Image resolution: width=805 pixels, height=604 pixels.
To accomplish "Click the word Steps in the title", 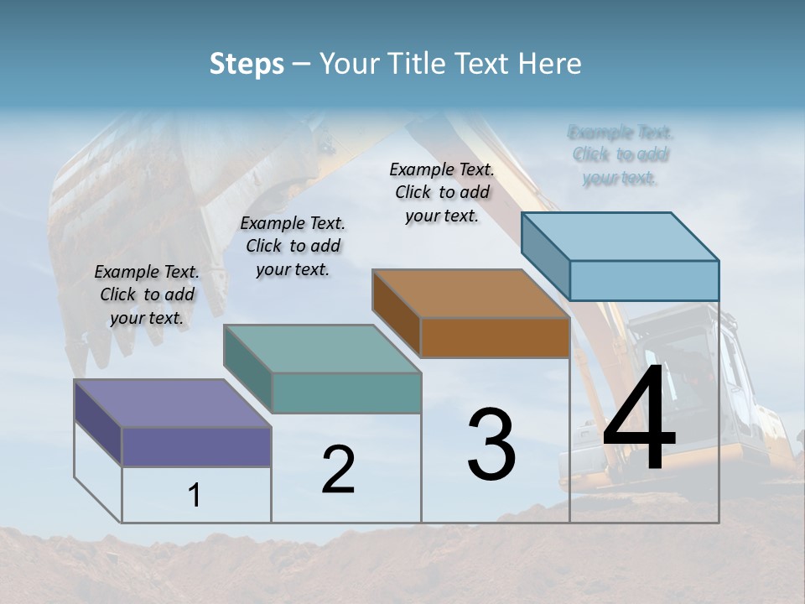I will tap(247, 64).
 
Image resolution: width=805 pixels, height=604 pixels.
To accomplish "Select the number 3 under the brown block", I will tap(491, 445).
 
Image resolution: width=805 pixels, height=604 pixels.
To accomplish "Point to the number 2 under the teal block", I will tap(338, 470).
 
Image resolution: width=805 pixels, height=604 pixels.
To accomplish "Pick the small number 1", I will tap(195, 496).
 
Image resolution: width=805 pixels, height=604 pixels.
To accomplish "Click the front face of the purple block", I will tap(196, 446).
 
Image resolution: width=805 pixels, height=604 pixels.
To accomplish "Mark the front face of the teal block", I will tap(346, 393).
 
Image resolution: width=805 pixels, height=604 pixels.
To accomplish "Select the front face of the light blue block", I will tap(644, 280).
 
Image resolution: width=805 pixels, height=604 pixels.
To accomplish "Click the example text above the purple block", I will tap(148, 294).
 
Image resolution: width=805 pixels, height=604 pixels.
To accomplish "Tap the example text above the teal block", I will tap(293, 246).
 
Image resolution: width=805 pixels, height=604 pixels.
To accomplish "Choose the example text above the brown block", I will tap(442, 192).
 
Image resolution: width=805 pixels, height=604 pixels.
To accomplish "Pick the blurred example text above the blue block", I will tap(621, 155).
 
